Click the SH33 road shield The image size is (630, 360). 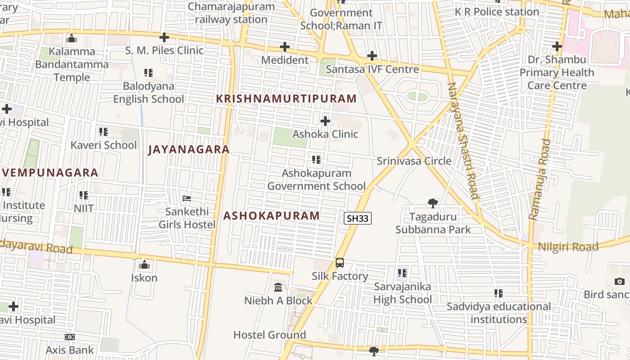(x=358, y=219)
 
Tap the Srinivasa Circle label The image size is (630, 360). (x=414, y=161)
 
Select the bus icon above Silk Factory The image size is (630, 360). (x=340, y=263)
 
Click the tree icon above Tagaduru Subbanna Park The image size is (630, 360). (x=433, y=203)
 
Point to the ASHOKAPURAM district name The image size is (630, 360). (x=271, y=216)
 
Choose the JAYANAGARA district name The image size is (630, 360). (x=189, y=149)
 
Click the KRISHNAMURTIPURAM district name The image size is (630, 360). (x=286, y=99)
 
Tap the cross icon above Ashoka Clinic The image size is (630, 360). (x=325, y=121)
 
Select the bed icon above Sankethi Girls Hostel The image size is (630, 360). (x=187, y=198)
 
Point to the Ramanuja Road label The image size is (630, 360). (x=540, y=179)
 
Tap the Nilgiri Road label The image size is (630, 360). (x=568, y=247)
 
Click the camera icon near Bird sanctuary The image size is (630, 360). (x=620, y=282)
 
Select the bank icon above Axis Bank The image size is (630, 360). (x=70, y=337)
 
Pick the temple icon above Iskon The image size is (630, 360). (x=144, y=265)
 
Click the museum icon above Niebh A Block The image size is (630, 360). (x=278, y=287)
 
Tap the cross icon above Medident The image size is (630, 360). (x=285, y=47)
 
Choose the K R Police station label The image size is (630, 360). (x=497, y=12)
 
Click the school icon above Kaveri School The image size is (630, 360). (x=103, y=132)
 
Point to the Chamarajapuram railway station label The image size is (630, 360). (x=231, y=13)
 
